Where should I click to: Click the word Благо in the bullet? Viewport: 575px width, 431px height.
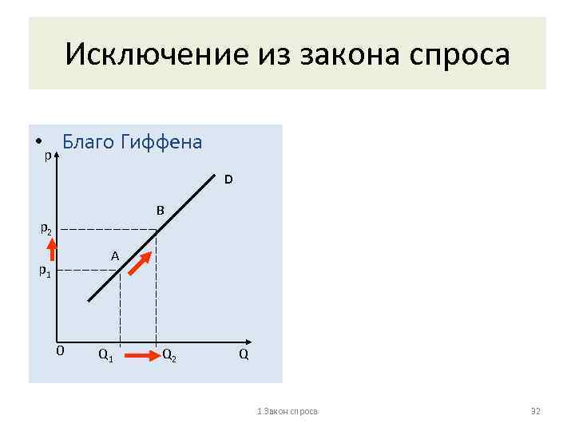tap(87, 142)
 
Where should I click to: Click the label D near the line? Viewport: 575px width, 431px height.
tap(228, 180)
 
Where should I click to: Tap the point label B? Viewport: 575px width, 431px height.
tap(160, 211)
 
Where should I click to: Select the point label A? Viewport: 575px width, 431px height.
tap(115, 256)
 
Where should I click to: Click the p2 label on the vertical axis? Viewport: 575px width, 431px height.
tap(47, 230)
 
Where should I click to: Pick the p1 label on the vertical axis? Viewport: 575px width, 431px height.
tap(46, 271)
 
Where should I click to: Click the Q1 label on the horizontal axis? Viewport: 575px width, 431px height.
tap(105, 354)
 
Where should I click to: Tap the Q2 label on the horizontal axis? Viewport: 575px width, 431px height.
tap(169, 354)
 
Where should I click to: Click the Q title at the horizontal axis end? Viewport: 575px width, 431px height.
tap(243, 353)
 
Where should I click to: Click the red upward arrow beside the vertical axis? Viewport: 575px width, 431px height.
tap(51, 250)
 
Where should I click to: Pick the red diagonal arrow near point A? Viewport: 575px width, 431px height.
tap(141, 264)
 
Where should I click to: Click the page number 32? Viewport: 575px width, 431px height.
tap(536, 410)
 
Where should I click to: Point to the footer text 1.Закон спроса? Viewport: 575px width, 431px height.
tap(287, 410)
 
